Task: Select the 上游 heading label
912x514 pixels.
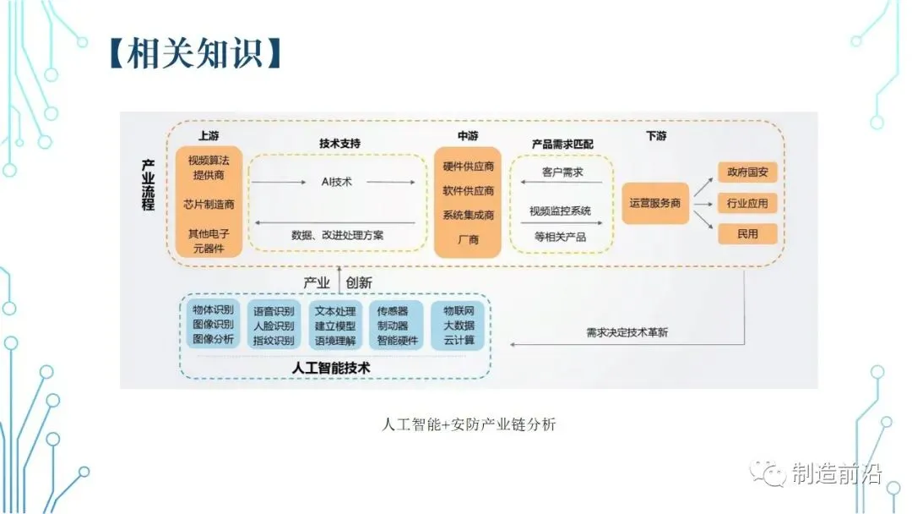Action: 208,135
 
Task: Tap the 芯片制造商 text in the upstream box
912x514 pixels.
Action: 209,204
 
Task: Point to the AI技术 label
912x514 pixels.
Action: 337,182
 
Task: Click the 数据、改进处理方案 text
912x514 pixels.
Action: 337,235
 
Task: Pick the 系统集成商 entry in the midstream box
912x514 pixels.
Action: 468,215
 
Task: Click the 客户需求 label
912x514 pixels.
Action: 562,172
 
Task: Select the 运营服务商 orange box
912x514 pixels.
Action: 655,204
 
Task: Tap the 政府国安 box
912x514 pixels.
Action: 747,172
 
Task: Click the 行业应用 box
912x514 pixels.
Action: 747,203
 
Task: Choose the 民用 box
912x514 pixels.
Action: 747,233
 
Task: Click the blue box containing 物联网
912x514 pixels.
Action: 459,325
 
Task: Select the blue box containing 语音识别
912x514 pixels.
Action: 274,325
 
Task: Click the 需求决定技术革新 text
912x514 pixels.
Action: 627,332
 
